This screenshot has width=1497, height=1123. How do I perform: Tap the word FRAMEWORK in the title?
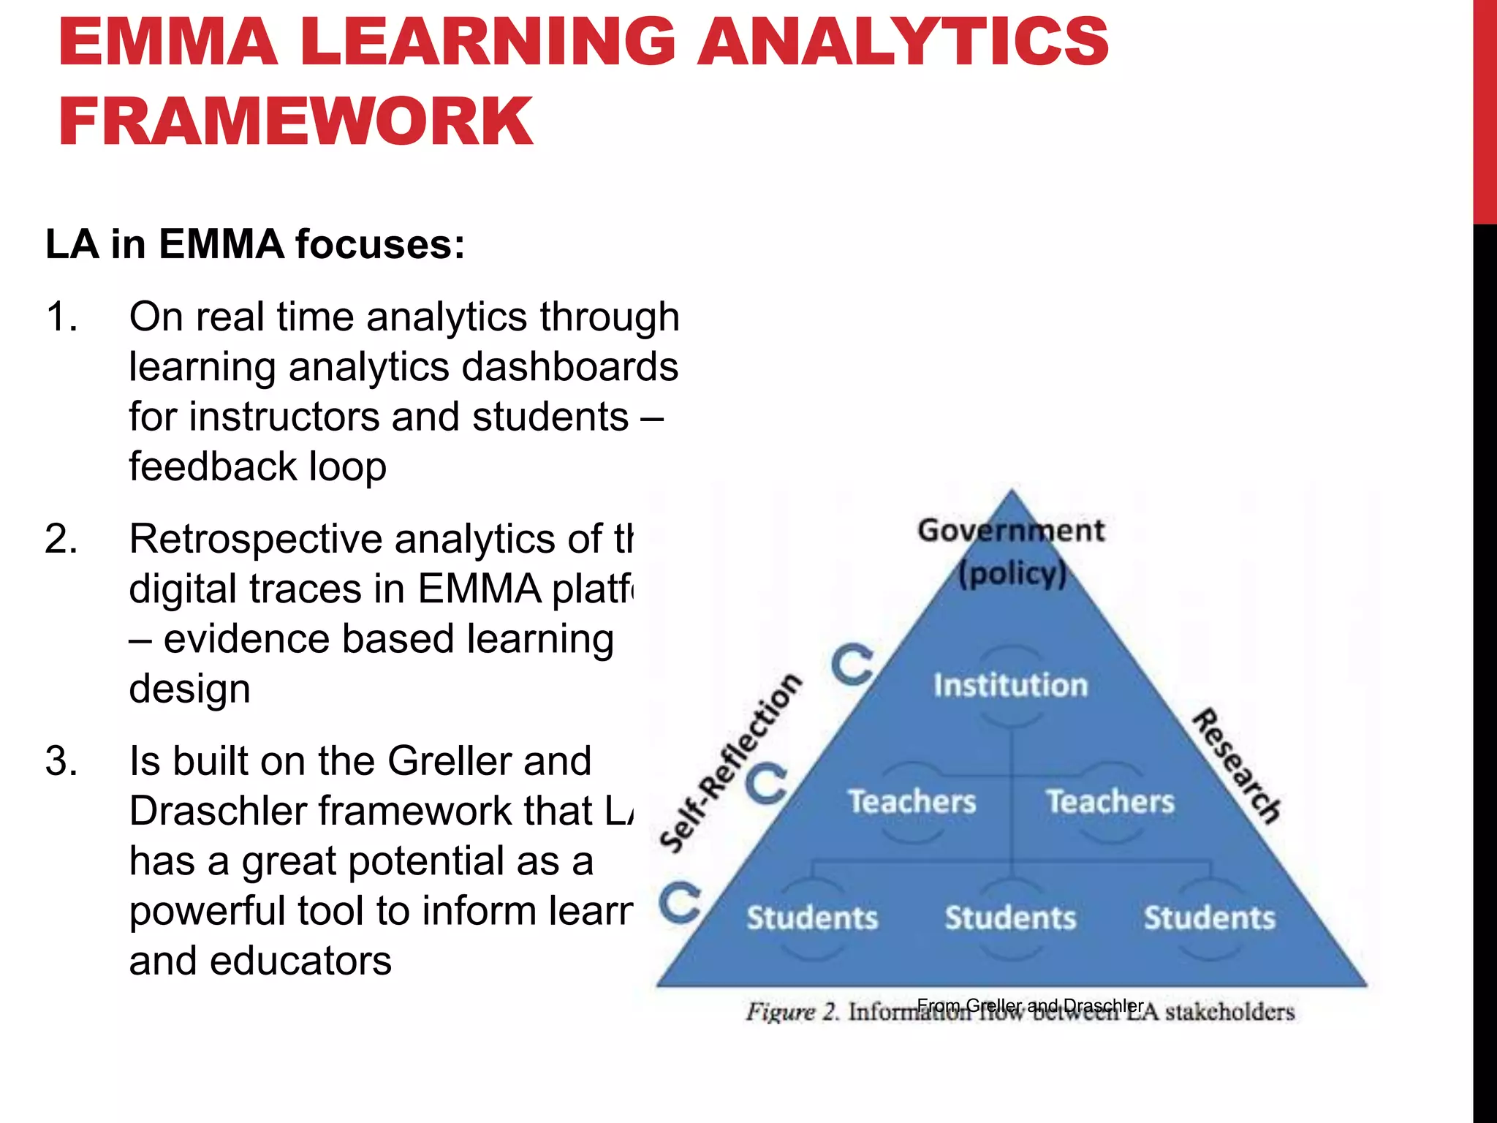click(x=295, y=121)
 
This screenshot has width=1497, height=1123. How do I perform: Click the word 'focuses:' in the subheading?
click(x=379, y=244)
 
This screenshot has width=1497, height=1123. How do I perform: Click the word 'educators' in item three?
click(x=300, y=961)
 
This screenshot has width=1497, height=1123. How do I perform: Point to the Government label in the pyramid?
click(x=1011, y=531)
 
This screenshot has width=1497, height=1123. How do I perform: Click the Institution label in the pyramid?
click(x=1011, y=686)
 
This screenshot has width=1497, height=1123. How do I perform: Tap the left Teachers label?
click(x=912, y=802)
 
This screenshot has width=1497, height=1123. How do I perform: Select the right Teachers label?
click(x=1110, y=802)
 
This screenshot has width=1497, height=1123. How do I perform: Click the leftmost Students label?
click(x=812, y=918)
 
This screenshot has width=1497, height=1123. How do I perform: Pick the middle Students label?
click(x=1011, y=918)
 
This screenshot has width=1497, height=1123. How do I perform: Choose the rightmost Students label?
click(x=1210, y=918)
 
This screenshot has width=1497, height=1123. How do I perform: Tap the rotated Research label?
click(x=1237, y=766)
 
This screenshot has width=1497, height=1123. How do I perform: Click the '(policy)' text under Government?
click(x=1012, y=575)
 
